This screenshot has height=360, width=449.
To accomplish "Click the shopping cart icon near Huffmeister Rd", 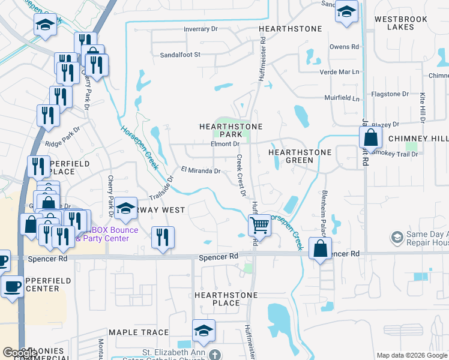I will pos(259,226).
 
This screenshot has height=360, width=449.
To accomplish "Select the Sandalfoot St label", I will pos(179,54).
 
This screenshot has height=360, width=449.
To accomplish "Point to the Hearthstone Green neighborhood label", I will pos(299,156).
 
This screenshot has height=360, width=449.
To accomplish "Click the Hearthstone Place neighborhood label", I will pos(226,299).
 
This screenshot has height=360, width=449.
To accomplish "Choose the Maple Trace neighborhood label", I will pos(139,332).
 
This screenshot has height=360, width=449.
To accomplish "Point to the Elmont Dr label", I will pos(225,144).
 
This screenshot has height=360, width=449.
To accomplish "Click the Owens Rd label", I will pos(344,46).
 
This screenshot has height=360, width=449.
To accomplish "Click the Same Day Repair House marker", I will pos(396,238).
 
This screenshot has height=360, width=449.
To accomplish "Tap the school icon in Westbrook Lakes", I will pos(346,13).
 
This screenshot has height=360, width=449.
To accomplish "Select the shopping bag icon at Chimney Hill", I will pos(371,137).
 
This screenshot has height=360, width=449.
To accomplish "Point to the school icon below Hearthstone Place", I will pos(203,331).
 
